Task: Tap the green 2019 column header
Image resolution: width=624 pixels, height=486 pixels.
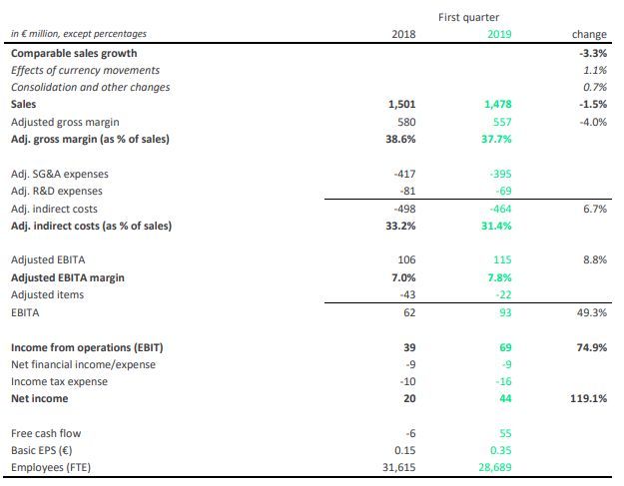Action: tap(498, 35)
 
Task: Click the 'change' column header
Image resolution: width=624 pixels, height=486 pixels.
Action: tap(590, 35)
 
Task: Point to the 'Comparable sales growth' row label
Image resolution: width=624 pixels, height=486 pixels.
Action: tap(74, 52)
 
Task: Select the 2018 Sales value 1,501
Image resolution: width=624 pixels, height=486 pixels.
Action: tap(401, 104)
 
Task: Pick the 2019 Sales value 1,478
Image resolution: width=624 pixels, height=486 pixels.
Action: tap(496, 104)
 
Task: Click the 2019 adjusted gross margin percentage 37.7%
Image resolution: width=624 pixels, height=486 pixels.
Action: tap(496, 139)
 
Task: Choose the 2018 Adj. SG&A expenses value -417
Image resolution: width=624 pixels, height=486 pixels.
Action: tap(403, 174)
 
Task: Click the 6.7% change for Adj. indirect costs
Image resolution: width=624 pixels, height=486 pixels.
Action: tap(595, 208)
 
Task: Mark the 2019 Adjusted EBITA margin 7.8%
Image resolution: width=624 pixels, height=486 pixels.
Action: tap(500, 276)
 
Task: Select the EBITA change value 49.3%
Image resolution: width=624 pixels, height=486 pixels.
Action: tap(593, 311)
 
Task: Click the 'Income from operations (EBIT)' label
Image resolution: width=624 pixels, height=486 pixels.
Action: tap(87, 346)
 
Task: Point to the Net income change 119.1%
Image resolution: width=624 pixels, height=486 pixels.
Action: tap(589, 398)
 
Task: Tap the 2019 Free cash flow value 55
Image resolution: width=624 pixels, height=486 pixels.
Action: tap(505, 433)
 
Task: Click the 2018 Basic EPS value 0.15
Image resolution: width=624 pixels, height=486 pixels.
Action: tap(405, 450)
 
